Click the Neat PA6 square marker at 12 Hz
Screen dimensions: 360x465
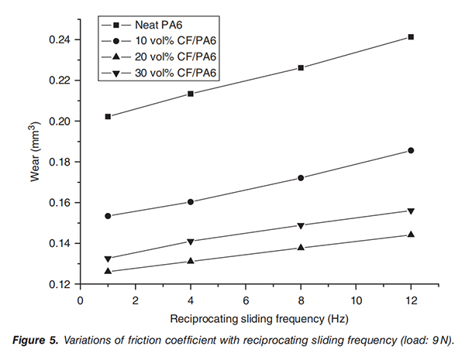click(411, 37)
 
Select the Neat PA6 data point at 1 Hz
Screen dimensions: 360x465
click(108, 117)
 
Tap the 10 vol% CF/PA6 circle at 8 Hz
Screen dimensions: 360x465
click(301, 178)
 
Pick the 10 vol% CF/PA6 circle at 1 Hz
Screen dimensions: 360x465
click(108, 216)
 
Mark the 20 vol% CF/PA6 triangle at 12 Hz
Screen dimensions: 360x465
click(411, 234)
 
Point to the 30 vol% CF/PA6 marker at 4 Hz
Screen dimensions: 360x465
click(191, 242)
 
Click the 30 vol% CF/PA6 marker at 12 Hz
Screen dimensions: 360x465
click(411, 211)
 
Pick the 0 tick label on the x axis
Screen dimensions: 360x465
click(80, 299)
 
